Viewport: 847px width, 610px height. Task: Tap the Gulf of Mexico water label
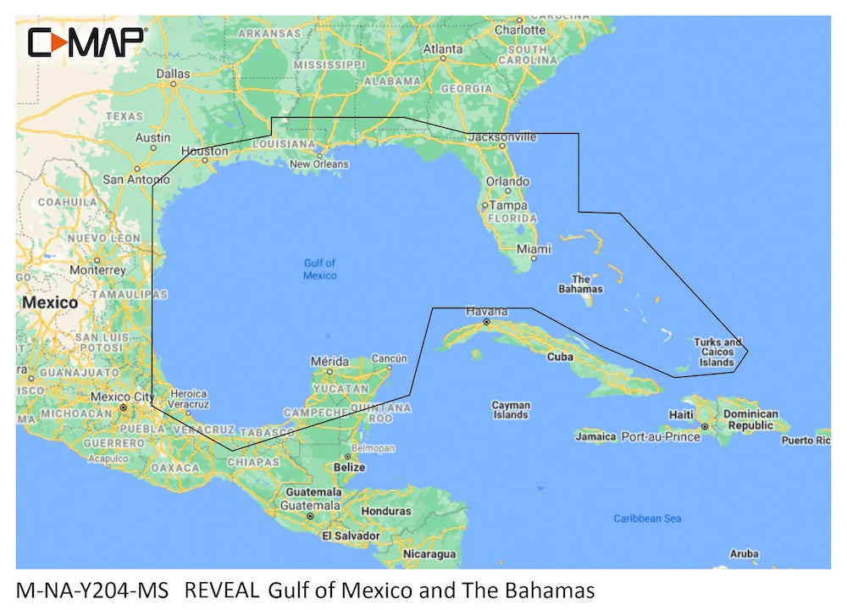319,269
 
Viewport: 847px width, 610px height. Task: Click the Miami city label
534,249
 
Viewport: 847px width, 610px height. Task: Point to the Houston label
205,152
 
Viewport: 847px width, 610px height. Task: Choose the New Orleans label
318,164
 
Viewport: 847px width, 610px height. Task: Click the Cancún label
389,358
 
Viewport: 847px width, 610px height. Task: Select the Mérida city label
329,360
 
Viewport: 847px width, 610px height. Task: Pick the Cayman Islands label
511,410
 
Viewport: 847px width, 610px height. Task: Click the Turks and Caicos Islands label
717,352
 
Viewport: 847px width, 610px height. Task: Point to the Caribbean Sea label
647,518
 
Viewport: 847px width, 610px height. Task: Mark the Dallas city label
174,74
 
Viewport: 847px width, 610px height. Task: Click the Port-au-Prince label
661,437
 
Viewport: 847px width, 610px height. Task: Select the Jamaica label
595,437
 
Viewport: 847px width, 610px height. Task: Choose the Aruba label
744,554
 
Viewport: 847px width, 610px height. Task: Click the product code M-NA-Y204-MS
92,590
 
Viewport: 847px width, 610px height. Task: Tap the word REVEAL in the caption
221,590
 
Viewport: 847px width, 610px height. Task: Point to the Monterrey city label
97,270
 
